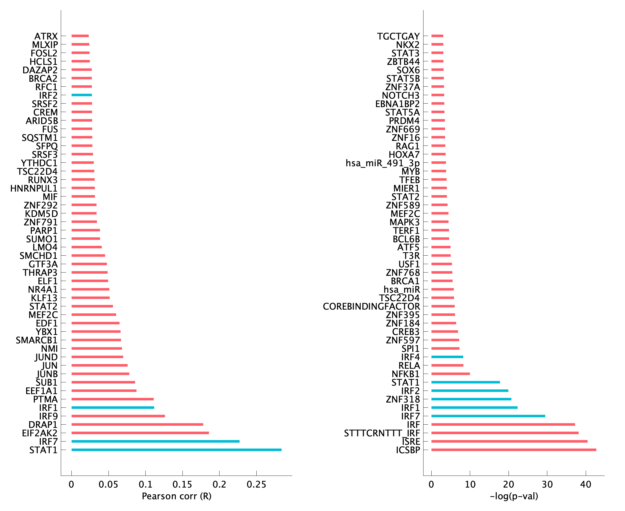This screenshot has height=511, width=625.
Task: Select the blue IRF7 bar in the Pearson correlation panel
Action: point(155,441)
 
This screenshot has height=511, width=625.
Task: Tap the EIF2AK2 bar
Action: point(140,433)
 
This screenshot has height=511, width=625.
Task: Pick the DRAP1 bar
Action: point(137,424)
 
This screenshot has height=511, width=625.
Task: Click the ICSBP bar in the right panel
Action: point(514,450)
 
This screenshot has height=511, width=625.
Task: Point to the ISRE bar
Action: point(509,441)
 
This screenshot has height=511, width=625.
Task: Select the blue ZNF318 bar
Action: point(471,399)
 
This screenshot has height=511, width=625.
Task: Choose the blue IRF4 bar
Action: point(447,357)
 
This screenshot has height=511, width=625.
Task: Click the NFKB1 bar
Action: point(450,374)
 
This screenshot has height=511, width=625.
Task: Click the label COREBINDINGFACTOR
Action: point(371,306)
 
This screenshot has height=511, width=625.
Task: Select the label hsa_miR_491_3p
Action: point(382,163)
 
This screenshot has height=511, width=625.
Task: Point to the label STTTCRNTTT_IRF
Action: point(382,433)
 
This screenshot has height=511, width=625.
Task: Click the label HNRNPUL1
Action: point(34,188)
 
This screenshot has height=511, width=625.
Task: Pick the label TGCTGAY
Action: point(398,36)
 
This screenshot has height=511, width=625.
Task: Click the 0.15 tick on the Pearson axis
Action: point(182,484)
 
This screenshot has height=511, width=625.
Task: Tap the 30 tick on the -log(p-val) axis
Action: point(547,484)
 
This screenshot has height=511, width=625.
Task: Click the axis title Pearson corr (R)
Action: point(176,496)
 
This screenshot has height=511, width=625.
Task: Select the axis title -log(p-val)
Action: point(514,496)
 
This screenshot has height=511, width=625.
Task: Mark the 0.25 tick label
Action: point(256,484)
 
